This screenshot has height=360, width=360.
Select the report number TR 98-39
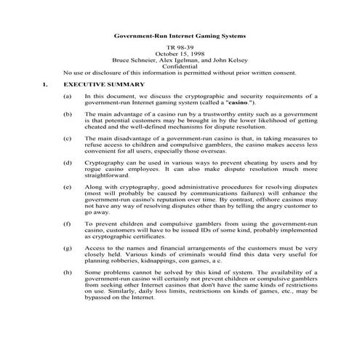(180, 47)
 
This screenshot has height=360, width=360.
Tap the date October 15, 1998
(180, 54)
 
